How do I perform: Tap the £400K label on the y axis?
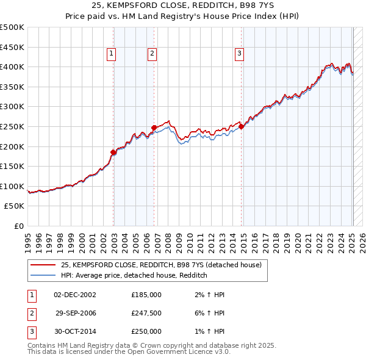click(12, 67)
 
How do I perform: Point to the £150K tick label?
click(12, 166)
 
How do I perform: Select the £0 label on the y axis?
click(20, 226)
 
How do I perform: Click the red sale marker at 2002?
click(113, 152)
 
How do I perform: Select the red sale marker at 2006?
click(154, 128)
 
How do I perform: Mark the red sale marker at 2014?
click(242, 126)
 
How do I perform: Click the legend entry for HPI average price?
click(134, 275)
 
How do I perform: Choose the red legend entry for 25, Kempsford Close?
click(161, 265)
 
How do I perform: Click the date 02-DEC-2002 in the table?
click(75, 295)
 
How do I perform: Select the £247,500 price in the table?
click(146, 313)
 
